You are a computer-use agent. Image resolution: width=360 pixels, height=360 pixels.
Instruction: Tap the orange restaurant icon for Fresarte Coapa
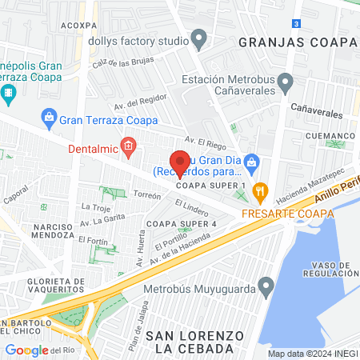[258, 191]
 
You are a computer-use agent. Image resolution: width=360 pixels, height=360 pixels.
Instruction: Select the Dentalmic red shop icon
[127, 146]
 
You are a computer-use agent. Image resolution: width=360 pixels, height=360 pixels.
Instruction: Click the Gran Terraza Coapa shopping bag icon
[48, 118]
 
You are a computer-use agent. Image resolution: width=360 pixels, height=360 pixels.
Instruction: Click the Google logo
[26, 350]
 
